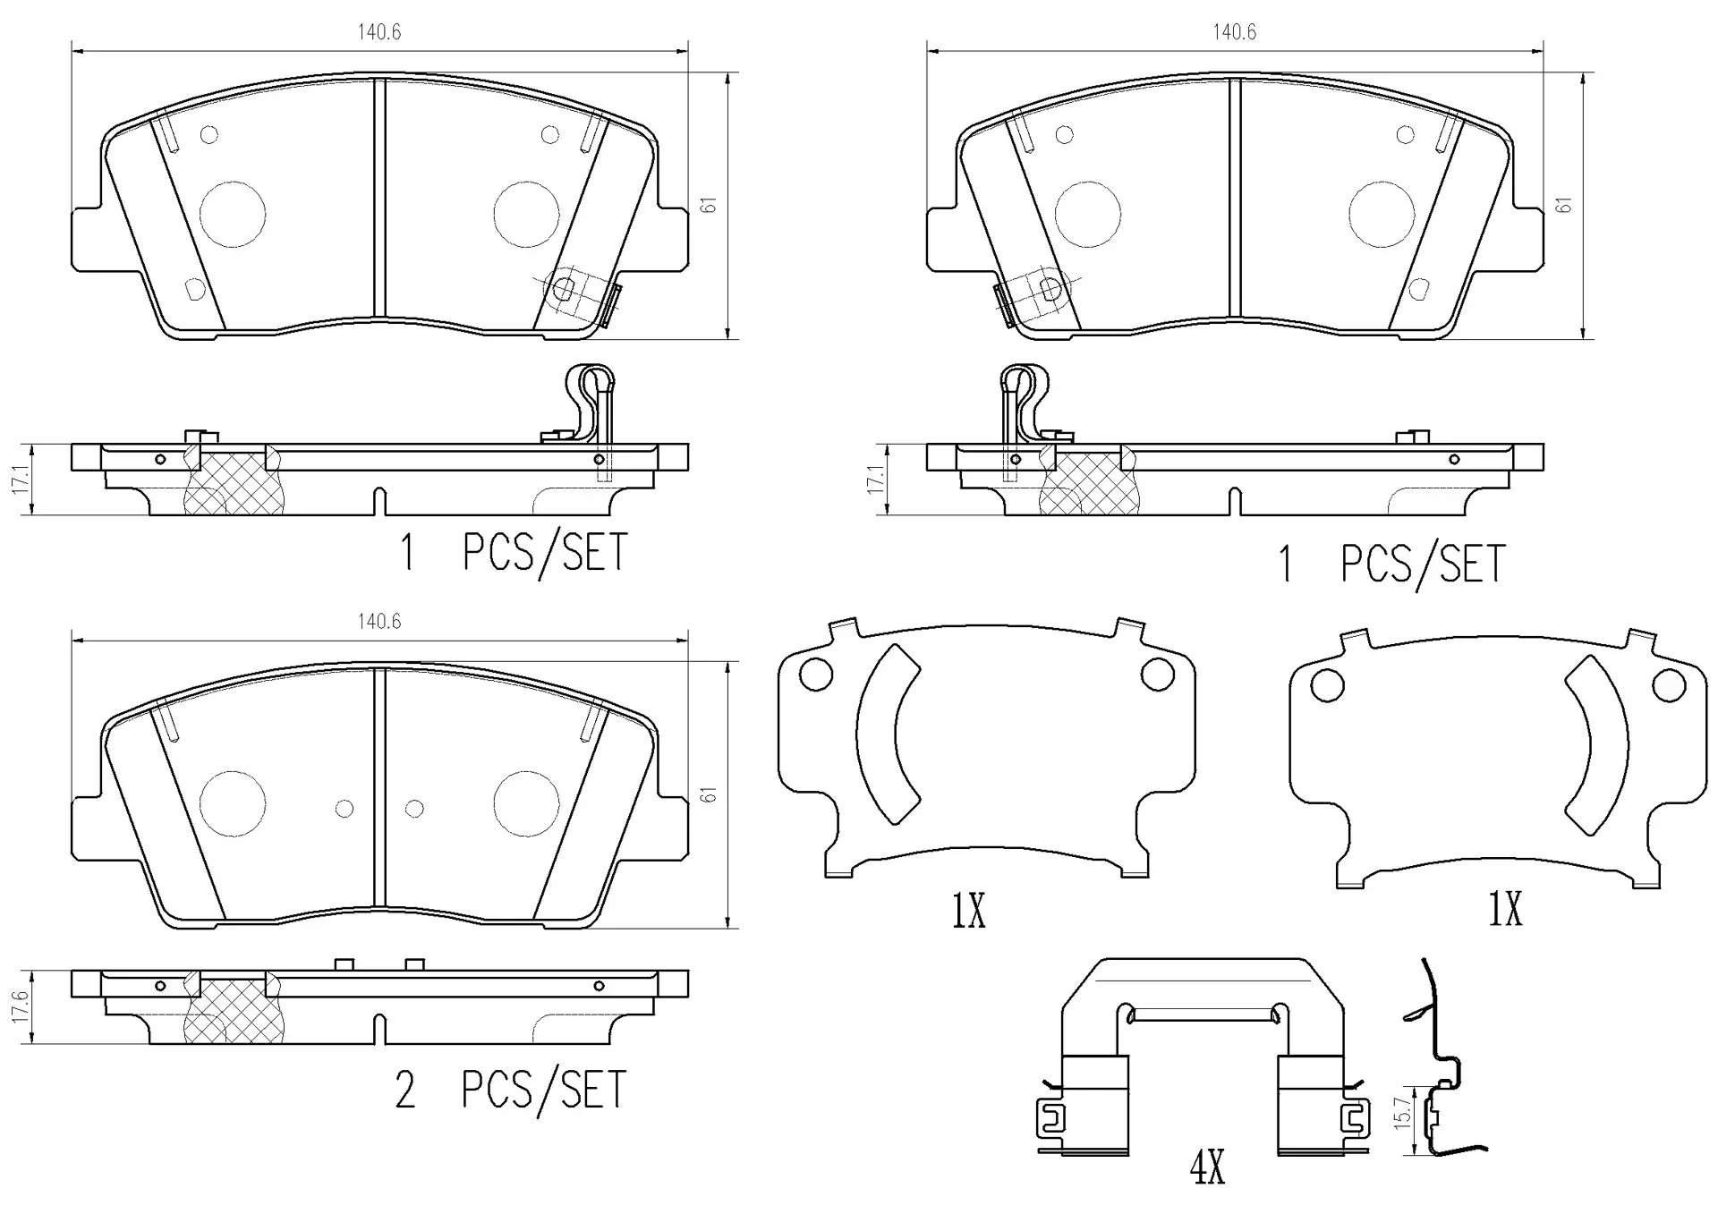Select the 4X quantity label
[x=1208, y=1167]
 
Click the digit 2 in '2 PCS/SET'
[x=405, y=1091]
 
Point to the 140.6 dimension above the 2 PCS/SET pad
[x=379, y=621]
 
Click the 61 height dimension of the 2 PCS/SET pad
[x=710, y=794]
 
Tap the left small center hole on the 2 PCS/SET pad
[x=344, y=809]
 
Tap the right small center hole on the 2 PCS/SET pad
[x=414, y=809]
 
